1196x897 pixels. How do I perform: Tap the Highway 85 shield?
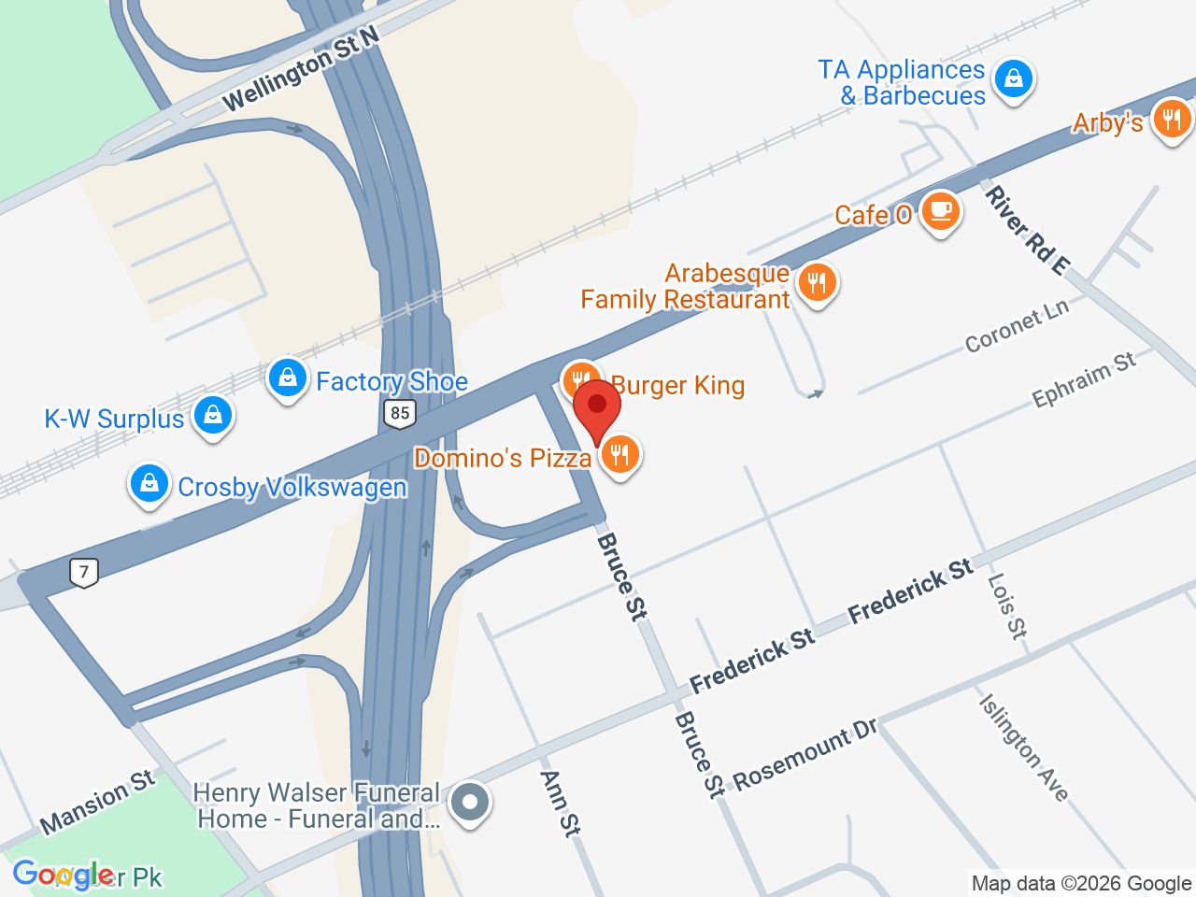[400, 413]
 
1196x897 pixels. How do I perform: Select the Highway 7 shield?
[84, 572]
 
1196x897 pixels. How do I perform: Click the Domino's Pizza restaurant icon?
[619, 455]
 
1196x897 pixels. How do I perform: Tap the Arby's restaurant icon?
[1171, 120]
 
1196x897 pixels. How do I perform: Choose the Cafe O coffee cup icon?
[940, 211]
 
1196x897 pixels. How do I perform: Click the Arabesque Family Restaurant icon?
[818, 282]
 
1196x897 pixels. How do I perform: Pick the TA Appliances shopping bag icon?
[1014, 79]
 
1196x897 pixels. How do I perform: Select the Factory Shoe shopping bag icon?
[288, 378]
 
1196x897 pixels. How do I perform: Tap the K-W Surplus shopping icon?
[213, 415]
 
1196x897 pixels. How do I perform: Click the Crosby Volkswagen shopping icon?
[149, 484]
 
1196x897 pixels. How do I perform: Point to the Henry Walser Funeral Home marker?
[470, 803]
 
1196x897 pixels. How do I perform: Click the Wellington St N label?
[302, 70]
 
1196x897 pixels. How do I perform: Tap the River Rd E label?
[1026, 231]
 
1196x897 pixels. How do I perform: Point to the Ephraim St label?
[1084, 380]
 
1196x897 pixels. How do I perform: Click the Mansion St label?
[98, 802]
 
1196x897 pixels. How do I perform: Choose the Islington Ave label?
[1023, 747]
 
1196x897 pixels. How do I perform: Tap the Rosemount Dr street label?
[804, 754]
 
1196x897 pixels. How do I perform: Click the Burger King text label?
[678, 385]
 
